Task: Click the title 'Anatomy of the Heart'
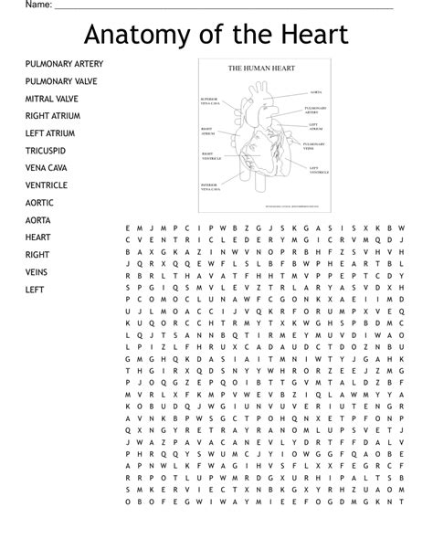[216, 35]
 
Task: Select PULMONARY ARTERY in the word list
[64, 64]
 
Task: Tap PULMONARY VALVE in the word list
[61, 81]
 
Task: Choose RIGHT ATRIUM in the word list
[53, 116]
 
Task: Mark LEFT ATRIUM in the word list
[50, 133]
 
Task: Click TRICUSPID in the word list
[45, 151]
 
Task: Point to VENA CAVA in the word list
[47, 168]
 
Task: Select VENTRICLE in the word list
[47, 185]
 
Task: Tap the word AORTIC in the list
[39, 203]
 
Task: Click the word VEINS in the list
[37, 272]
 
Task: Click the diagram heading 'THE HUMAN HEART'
[261, 69]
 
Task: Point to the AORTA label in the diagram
[316, 92]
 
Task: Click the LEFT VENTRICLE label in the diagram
[320, 170]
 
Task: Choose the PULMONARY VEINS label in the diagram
[314, 145]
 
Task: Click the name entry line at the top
[224, 7]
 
